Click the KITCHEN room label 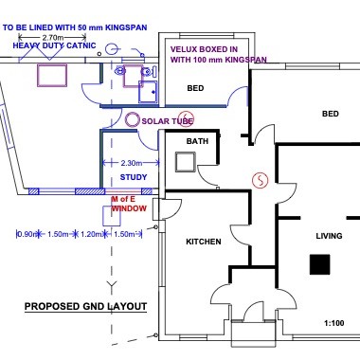coord(204,242)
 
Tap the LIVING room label coord(329,236)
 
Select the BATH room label coord(197,141)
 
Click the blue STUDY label coord(134,177)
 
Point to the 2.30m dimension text coord(132,163)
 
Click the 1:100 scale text coord(334,323)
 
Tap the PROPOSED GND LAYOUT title coord(85,307)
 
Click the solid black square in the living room coord(319,264)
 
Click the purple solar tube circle coord(132,120)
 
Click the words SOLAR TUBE coord(167,121)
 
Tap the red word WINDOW coord(129,208)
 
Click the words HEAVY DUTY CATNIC coord(54,45)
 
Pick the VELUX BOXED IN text coord(204,49)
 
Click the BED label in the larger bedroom coord(331,114)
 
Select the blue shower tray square coord(148,92)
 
